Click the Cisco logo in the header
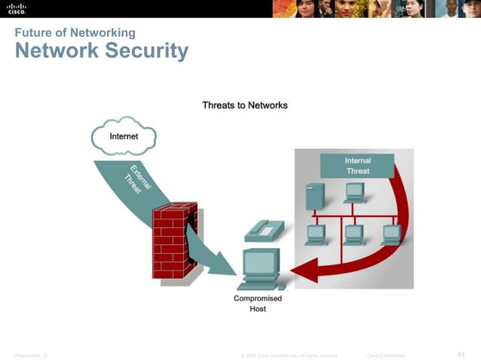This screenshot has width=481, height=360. [17, 9]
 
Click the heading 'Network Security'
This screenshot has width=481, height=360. [101, 51]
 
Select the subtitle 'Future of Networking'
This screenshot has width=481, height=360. [75, 32]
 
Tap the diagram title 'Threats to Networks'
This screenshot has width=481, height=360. [244, 105]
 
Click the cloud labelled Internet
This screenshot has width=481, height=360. [124, 136]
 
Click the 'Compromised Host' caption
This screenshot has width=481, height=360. [258, 304]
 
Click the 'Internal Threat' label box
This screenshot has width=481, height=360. [357, 166]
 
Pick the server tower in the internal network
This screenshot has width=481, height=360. [314, 197]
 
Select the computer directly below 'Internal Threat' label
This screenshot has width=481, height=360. [354, 192]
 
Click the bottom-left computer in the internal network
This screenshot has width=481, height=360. [315, 234]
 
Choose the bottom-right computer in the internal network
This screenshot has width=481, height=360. [392, 234]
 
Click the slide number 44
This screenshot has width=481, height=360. [461, 354]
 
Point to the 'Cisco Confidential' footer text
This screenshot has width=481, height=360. [385, 355]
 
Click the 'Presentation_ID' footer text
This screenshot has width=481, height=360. [30, 355]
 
